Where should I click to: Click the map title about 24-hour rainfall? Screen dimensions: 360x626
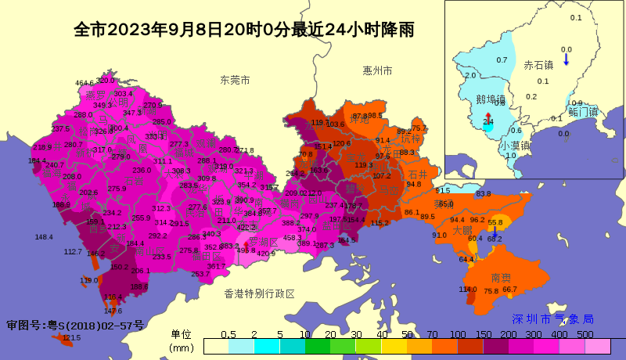click(243, 31)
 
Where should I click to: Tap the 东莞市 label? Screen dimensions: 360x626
click(235, 80)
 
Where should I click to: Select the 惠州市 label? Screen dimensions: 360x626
click(377, 70)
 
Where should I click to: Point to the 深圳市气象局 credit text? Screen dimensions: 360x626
click(552, 319)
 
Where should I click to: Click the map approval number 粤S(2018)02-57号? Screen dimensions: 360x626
click(75, 325)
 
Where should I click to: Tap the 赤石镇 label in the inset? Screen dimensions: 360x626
click(538, 65)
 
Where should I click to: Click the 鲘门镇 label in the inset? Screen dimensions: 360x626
click(583, 112)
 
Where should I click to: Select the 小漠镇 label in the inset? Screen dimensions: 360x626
click(515, 146)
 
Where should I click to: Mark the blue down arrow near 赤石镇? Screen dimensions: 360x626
click(567, 57)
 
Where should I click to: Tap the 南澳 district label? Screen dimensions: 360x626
click(501, 278)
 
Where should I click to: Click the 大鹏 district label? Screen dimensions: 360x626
click(462, 231)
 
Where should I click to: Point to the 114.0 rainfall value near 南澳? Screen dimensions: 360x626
click(467, 290)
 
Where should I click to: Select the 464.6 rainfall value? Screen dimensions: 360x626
click(85, 83)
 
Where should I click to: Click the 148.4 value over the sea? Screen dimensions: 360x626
click(44, 237)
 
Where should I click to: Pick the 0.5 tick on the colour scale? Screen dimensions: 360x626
click(228, 334)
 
